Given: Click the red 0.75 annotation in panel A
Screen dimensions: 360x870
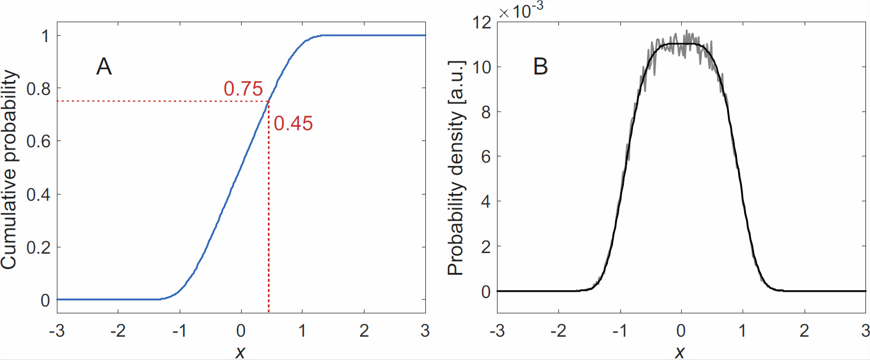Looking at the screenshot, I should tap(243, 89).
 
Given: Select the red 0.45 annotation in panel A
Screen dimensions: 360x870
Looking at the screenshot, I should tap(293, 123).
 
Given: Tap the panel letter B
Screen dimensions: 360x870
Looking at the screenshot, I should tap(540, 67).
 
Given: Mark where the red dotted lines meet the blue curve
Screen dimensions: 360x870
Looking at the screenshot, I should tap(268, 101).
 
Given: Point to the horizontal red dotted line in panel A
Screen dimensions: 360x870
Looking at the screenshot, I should tap(159, 101).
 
